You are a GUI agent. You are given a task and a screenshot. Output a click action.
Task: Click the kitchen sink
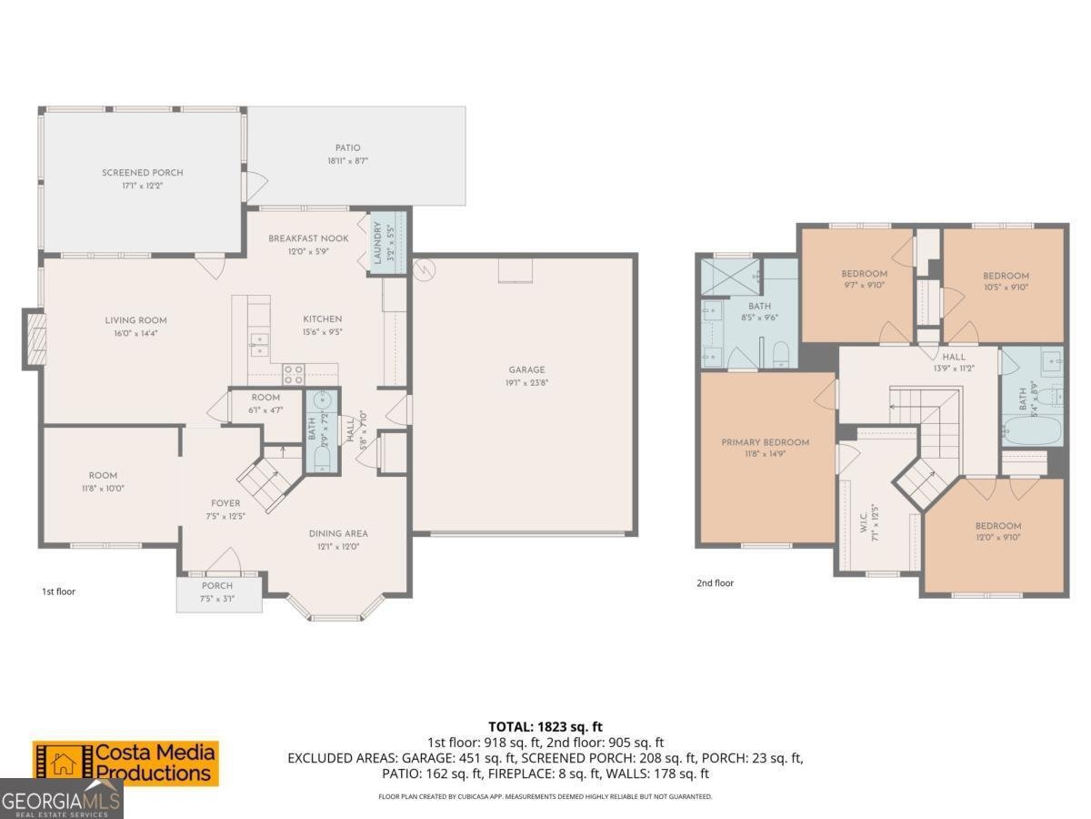point(260,343)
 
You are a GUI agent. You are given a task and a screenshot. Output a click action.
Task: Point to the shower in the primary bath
point(731,276)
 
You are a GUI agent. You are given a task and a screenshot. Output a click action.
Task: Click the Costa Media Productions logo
point(126,763)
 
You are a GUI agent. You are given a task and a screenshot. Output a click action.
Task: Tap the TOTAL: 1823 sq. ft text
point(545,726)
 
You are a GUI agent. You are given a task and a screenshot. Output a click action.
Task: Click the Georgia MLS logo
point(61,800)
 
